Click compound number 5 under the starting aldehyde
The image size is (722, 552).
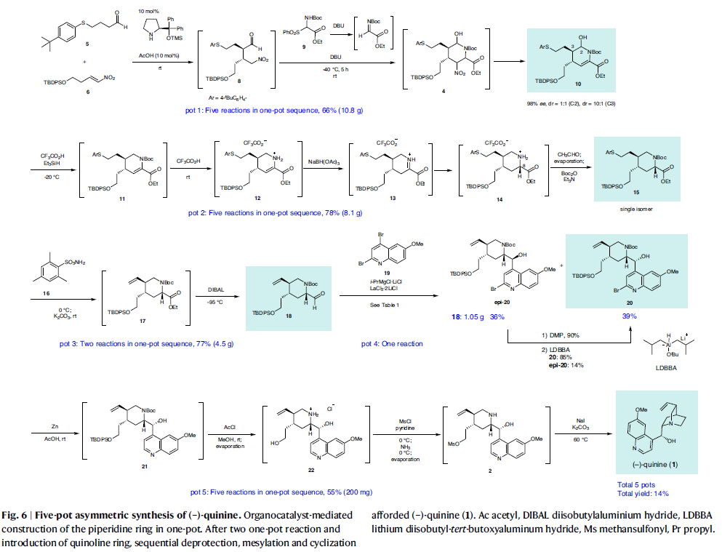tap(87, 45)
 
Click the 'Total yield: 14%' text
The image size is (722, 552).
tap(643, 494)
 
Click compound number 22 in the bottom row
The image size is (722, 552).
tap(310, 471)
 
